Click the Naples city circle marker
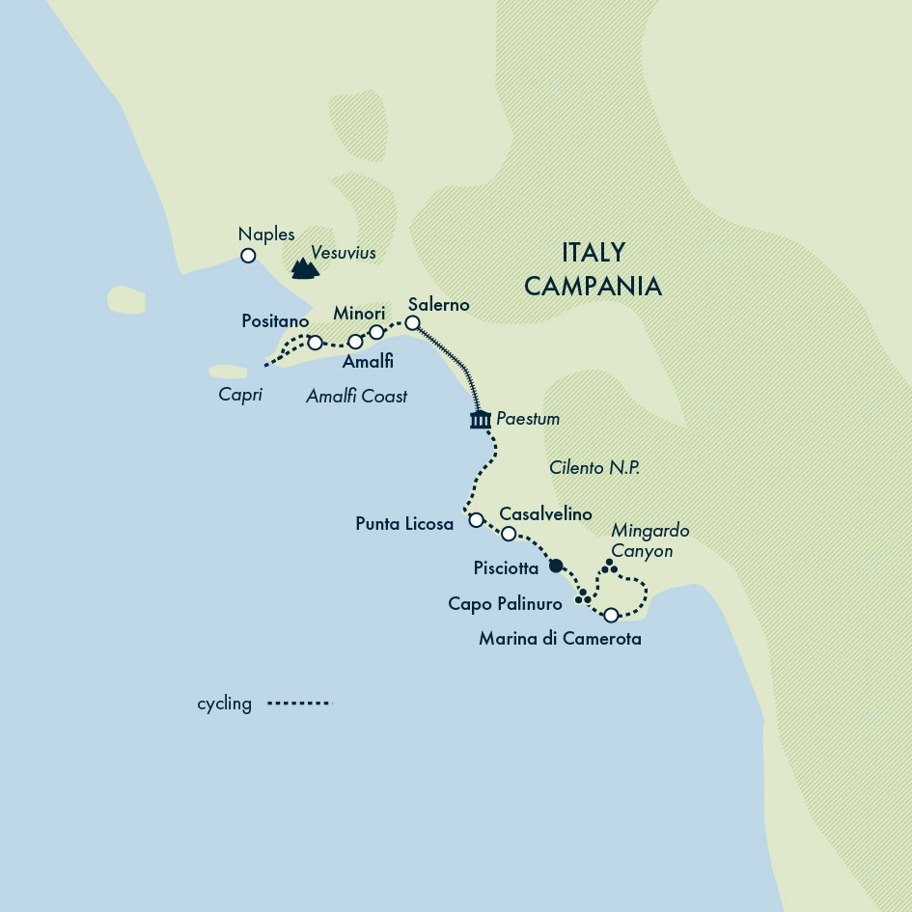248,256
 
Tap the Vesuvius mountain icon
305,267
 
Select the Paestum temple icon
480,419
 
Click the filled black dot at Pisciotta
555,567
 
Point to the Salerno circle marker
412,323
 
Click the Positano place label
275,319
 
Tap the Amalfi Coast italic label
356,396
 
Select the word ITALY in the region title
593,253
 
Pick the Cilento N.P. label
594,467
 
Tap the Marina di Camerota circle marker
610,615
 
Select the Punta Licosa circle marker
475,520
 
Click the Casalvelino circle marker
509,533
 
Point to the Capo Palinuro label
505,604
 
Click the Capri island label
240,395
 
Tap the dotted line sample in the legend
299,704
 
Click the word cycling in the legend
224,704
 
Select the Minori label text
359,314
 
